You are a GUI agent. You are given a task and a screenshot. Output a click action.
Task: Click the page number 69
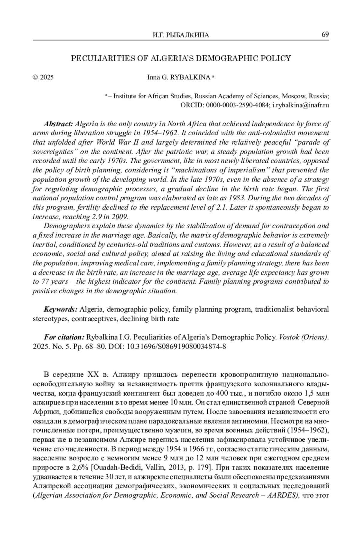[325, 34]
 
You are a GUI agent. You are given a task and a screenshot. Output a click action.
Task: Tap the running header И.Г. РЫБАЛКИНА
[181, 35]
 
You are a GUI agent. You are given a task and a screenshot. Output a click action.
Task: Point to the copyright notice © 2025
[43, 77]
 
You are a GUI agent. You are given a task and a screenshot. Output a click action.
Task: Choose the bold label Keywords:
[61, 309]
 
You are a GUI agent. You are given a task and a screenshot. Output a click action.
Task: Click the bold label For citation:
[64, 337]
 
